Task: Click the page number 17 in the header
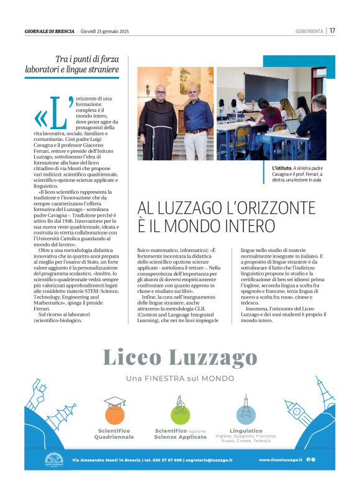[333, 30]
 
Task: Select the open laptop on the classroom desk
[292, 126]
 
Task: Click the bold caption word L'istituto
[282, 168]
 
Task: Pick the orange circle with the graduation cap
[114, 413]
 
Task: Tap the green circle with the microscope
[180, 413]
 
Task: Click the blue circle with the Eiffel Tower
[246, 413]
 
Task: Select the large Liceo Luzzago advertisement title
[179, 358]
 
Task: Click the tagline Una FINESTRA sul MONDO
[179, 378]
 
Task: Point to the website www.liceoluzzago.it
[281, 459]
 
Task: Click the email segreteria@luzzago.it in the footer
[209, 460]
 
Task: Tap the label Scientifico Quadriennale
[114, 433]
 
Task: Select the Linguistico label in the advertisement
[246, 430]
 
